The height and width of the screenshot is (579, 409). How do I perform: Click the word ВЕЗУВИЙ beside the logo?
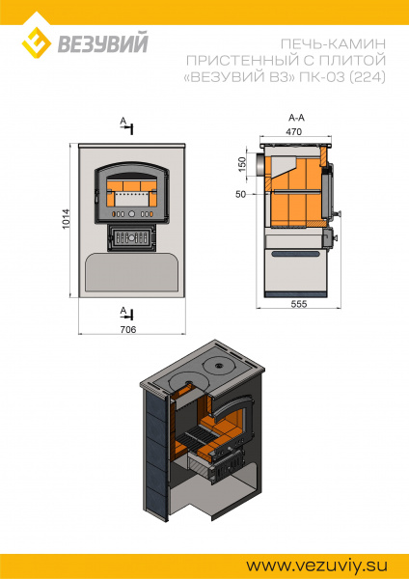pyautogui.click(x=102, y=42)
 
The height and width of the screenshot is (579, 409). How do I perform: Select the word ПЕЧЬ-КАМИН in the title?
pyautogui.click(x=333, y=44)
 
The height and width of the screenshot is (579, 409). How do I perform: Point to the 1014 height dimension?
pyautogui.click(x=66, y=219)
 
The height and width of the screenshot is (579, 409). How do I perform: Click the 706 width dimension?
pyautogui.click(x=128, y=329)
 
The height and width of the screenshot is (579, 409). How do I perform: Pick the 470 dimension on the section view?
pyautogui.click(x=294, y=131)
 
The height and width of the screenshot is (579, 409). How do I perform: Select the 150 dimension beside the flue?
pyautogui.click(x=242, y=164)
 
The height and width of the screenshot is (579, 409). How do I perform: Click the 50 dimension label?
pyautogui.click(x=241, y=194)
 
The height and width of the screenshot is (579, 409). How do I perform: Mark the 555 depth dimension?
pyautogui.click(x=299, y=304)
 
